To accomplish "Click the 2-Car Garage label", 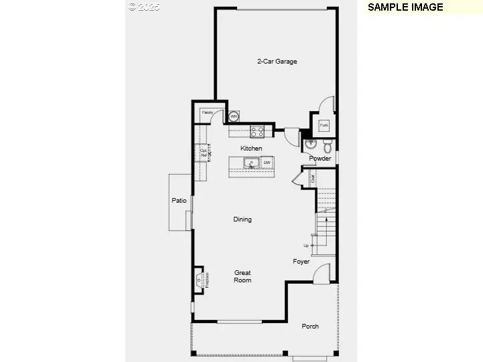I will point(277,62).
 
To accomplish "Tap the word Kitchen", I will point(251,148).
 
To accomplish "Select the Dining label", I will point(243,219).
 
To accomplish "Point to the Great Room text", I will point(243,276).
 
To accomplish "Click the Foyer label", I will point(301,262).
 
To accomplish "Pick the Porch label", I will point(309,327).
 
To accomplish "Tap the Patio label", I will point(178,200).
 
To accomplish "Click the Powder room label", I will point(320,159).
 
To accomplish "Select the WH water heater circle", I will point(234,117).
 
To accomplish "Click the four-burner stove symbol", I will point(257,131).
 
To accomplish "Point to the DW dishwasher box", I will point(267,163).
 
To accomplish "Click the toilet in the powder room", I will point(328,146).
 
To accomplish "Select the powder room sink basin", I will point(310,144).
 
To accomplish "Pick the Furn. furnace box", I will point(324,124).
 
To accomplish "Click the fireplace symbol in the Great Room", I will point(200,280).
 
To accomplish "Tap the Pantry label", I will point(208,112).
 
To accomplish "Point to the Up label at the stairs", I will point(306,246).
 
